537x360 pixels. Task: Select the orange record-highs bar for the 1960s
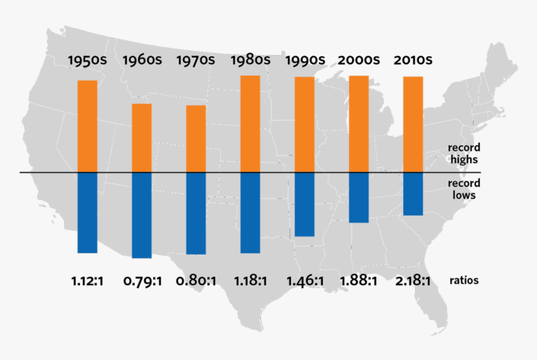point(142,138)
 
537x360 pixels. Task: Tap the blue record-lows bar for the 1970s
point(196,213)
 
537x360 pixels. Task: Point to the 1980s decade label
point(250,61)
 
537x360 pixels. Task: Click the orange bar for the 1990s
point(305,124)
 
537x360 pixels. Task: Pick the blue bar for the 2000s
point(358,197)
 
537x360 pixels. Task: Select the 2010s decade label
point(413,61)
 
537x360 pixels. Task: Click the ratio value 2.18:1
point(413,281)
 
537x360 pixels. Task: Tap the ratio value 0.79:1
point(142,281)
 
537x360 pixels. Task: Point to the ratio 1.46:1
point(305,281)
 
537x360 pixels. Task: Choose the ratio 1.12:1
point(87,281)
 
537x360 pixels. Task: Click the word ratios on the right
point(464,281)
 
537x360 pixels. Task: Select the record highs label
point(463,153)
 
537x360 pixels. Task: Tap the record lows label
point(463,189)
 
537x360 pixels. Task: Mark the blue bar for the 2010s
point(413,193)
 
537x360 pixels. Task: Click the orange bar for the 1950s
point(87,126)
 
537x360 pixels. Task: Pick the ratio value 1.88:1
point(358,281)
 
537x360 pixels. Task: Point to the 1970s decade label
point(196,61)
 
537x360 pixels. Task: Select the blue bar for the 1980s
point(250,212)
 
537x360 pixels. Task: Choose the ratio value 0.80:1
point(196,281)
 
